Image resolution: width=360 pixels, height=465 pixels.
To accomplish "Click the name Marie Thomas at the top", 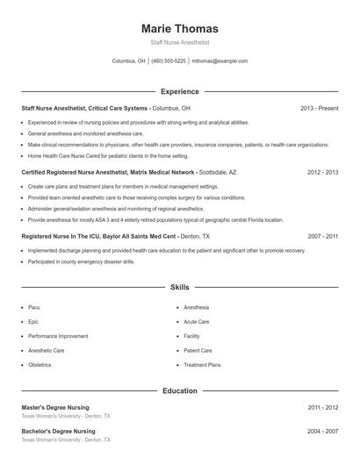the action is [x=179, y=28].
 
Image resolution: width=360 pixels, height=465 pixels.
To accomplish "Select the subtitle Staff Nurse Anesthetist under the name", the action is [x=179, y=42].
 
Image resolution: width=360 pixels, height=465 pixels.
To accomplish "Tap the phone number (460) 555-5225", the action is [x=169, y=61].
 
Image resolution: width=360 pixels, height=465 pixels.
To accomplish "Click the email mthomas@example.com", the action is [x=220, y=61].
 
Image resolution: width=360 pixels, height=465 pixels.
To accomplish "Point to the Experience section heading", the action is [x=179, y=91].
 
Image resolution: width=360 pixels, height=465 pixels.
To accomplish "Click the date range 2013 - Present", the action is [x=319, y=108].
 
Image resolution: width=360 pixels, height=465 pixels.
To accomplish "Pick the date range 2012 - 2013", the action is [x=322, y=173].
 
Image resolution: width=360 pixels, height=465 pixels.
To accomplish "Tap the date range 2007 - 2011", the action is [x=322, y=236].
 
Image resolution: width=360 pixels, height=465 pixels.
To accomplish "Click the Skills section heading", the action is [x=179, y=287].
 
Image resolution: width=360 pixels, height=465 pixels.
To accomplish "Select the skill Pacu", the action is [x=34, y=308].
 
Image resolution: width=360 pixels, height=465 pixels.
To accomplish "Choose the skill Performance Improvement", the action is [x=58, y=336].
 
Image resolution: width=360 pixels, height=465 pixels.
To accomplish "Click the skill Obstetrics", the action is [x=40, y=364].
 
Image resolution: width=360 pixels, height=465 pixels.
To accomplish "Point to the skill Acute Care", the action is [x=197, y=322].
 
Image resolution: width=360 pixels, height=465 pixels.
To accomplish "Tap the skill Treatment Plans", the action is [x=202, y=364].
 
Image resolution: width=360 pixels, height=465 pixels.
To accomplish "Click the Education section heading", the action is [x=179, y=390].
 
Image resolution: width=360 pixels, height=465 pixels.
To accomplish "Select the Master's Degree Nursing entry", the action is [x=58, y=408].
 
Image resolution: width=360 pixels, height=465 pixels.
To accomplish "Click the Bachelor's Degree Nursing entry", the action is [x=59, y=432].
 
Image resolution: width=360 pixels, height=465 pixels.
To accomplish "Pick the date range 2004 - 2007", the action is [x=322, y=432].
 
